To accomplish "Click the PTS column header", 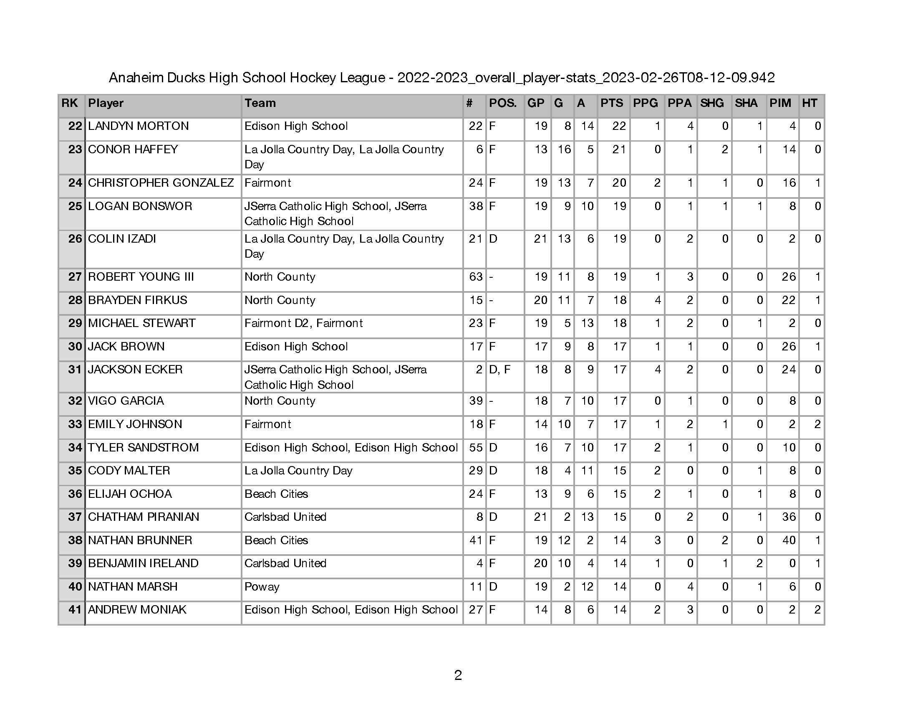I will click(612, 104).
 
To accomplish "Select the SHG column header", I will click(711, 104).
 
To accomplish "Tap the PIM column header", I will click(780, 104).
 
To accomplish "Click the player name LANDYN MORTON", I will click(138, 126).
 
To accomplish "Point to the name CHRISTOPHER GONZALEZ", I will click(161, 183).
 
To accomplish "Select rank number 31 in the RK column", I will click(74, 370).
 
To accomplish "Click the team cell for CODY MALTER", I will click(298, 471).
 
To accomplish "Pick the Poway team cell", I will click(262, 587).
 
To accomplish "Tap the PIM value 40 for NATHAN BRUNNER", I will click(789, 540).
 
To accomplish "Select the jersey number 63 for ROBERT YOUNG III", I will click(475, 277).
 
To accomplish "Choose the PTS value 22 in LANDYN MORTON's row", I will click(619, 126).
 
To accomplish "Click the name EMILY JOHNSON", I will click(135, 424).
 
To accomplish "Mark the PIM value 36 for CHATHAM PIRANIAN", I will click(789, 517).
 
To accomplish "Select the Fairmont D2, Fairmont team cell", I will click(303, 323).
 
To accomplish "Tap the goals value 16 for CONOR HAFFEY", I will click(564, 150).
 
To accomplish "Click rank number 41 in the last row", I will click(74, 610).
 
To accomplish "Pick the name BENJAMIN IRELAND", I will click(143, 564).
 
